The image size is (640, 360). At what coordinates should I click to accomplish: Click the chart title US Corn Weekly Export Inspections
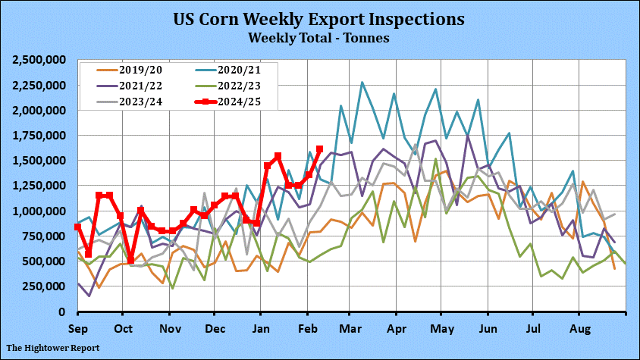[319, 18]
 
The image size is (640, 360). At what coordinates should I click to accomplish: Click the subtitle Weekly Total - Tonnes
[319, 36]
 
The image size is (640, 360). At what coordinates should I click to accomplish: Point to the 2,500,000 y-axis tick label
[40, 60]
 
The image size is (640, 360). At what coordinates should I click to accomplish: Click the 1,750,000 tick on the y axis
[40, 136]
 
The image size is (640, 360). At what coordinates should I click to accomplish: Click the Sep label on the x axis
[77, 329]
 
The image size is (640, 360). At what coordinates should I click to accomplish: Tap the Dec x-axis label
[215, 329]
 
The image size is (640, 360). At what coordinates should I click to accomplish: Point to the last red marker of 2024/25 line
[319, 149]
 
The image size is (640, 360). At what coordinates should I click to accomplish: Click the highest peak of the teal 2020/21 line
[362, 82]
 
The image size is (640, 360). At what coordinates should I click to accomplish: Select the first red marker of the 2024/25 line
[78, 227]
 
